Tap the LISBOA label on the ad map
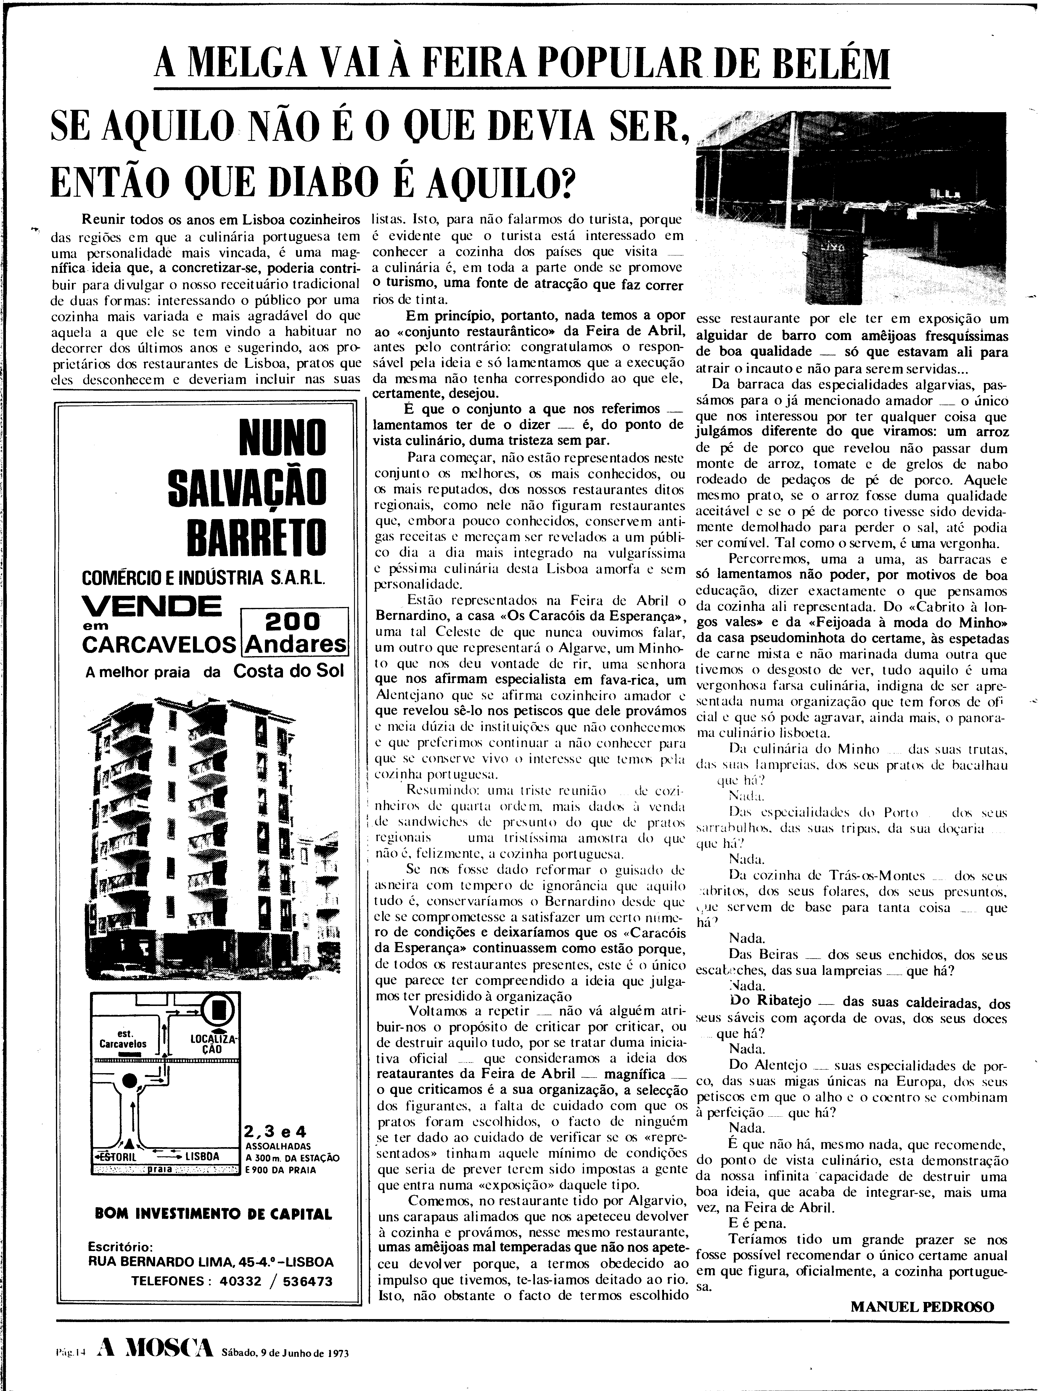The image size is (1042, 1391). (201, 1156)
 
